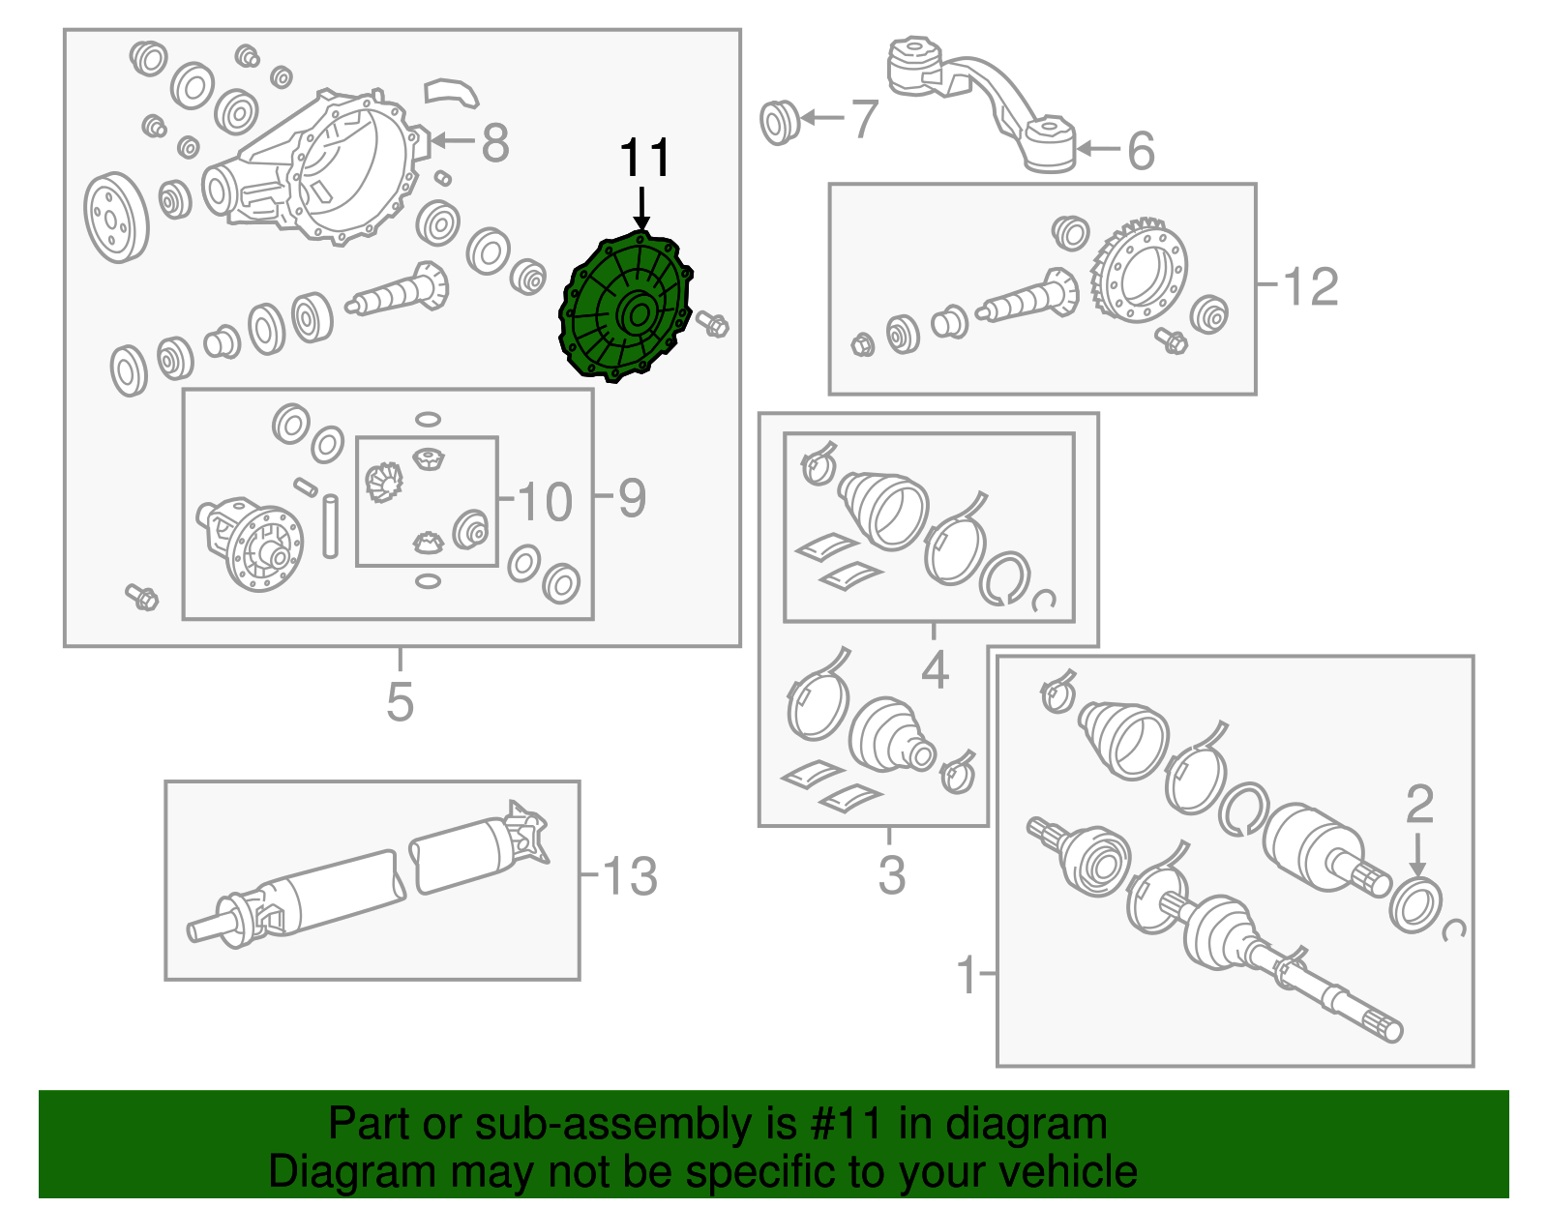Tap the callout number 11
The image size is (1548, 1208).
click(x=644, y=159)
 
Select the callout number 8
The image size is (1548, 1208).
click(x=494, y=143)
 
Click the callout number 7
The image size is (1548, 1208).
click(x=863, y=119)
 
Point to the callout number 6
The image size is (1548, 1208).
click(x=1141, y=151)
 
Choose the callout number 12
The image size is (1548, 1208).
click(x=1311, y=286)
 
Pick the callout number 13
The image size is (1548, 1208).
click(x=630, y=876)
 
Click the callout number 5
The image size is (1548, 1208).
click(x=400, y=701)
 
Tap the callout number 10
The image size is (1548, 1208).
click(x=545, y=501)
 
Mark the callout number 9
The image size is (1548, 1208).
click(x=631, y=498)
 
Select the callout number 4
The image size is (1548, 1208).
click(x=934, y=669)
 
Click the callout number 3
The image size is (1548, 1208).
click(x=891, y=874)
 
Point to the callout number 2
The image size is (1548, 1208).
click(x=1418, y=803)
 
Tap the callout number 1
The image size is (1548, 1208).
click(x=967, y=974)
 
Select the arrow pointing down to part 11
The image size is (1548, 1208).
click(x=641, y=209)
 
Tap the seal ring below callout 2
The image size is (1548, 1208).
click(x=1415, y=905)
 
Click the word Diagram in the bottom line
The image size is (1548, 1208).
click(x=331, y=1172)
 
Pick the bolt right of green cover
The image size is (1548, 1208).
click(x=713, y=324)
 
